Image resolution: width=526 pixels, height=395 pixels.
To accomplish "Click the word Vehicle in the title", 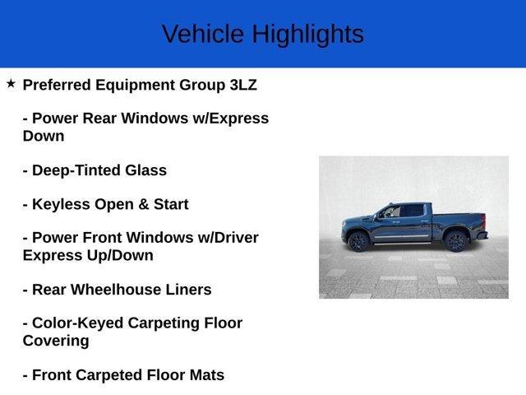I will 202,35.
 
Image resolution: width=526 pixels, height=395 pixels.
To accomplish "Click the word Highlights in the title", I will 307,35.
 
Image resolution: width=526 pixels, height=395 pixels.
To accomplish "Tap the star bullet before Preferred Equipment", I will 11,84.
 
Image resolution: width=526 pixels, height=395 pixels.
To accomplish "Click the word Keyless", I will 60,204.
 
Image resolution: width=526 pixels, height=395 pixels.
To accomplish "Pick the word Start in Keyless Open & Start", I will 168,204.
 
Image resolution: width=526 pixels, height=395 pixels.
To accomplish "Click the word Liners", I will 187,290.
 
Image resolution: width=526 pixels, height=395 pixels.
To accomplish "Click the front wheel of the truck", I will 358,241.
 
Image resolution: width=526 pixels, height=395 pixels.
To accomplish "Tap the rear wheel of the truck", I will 456,240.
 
